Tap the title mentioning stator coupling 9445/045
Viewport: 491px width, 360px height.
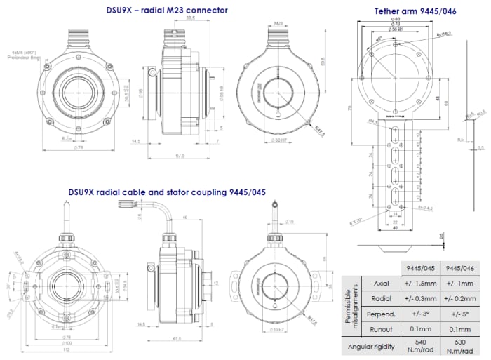[166, 191]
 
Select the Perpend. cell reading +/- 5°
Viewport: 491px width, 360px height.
[459, 312]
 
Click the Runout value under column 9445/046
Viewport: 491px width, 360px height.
[459, 328]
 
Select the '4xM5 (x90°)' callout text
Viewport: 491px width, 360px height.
[26, 52]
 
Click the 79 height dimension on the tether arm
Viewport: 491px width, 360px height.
[350, 107]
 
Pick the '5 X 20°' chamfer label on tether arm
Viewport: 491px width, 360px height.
[358, 223]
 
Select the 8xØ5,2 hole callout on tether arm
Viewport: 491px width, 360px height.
[444, 33]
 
